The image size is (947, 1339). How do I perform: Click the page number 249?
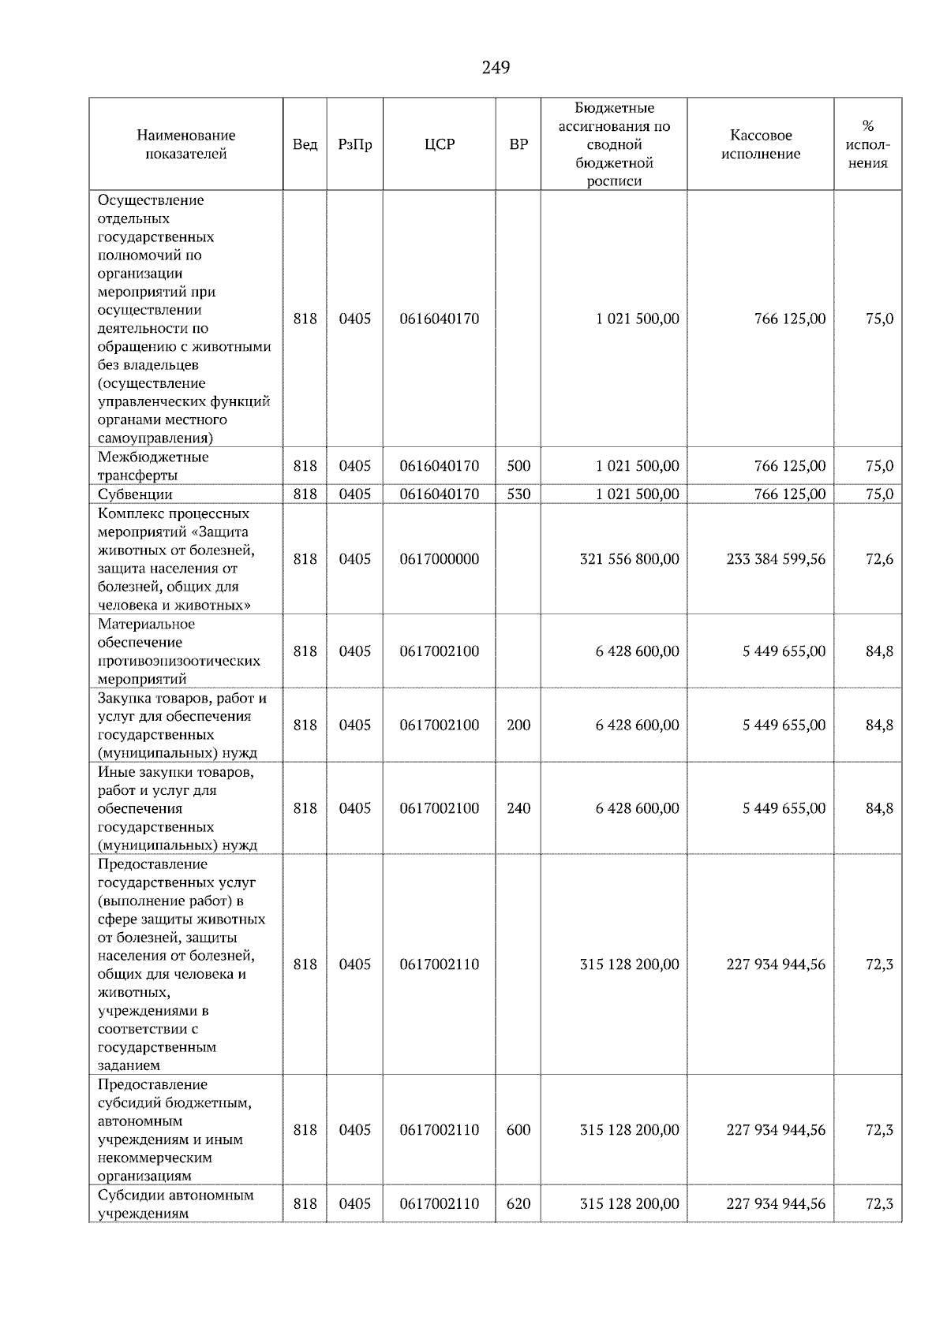[x=496, y=68]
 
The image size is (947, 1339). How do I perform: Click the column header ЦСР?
[x=439, y=144]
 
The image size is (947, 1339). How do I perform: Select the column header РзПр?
[x=354, y=144]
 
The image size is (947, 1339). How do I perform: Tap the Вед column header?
[x=305, y=144]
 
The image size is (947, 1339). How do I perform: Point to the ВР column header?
[x=518, y=144]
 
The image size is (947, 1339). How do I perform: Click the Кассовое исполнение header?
[x=760, y=144]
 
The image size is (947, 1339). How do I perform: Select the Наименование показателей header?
[x=185, y=144]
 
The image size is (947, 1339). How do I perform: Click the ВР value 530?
[x=518, y=494]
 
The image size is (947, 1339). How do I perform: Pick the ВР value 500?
[x=518, y=466]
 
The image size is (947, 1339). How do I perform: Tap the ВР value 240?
[x=518, y=808]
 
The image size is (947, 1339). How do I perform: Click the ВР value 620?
[x=518, y=1204]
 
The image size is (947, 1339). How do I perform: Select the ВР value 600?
[x=518, y=1130]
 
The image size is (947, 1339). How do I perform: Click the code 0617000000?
[x=439, y=559]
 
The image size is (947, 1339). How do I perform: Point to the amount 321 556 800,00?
[x=629, y=559]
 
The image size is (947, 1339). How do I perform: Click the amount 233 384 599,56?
[x=776, y=559]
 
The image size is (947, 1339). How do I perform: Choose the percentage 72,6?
[x=879, y=559]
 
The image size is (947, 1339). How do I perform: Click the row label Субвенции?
[x=135, y=494]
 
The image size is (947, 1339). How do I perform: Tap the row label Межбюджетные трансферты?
[x=153, y=466]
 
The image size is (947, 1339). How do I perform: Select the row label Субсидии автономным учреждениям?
[x=175, y=1204]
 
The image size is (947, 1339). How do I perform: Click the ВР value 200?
[x=518, y=725]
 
